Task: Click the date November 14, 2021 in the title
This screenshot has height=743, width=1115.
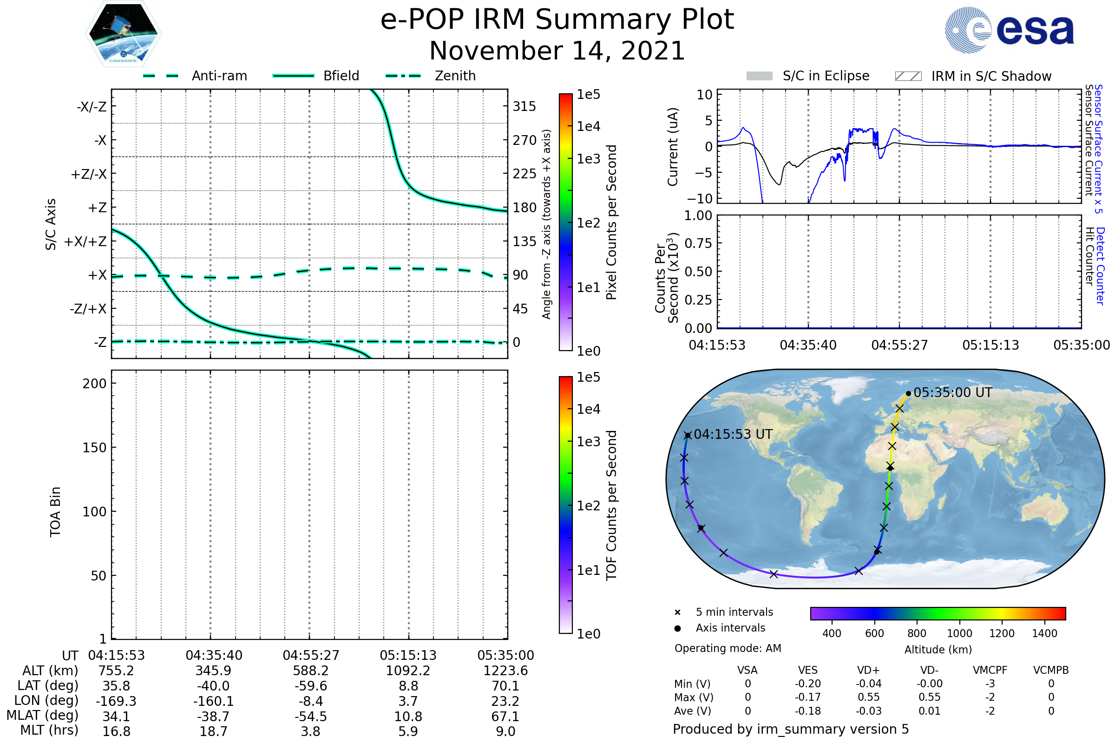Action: point(557,51)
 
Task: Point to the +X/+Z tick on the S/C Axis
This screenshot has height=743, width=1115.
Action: point(85,241)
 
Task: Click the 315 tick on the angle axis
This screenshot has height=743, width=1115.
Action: point(525,106)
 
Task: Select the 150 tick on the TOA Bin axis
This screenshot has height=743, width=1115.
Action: point(94,447)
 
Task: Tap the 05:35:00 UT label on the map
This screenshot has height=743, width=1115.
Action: point(952,392)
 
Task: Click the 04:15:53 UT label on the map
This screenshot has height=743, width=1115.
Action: point(733,434)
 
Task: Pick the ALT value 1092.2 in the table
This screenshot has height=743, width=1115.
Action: point(408,671)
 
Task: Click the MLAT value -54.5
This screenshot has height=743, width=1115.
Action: point(310,716)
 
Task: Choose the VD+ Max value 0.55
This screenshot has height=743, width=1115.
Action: point(868,697)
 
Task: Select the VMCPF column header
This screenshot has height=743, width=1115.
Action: point(990,670)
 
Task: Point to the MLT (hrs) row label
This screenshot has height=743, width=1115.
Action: point(49,730)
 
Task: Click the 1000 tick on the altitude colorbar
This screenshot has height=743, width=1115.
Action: point(959,633)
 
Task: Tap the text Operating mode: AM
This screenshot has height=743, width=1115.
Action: point(728,648)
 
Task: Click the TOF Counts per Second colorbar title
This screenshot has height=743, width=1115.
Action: point(611,505)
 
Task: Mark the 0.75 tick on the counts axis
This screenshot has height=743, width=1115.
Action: point(698,243)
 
